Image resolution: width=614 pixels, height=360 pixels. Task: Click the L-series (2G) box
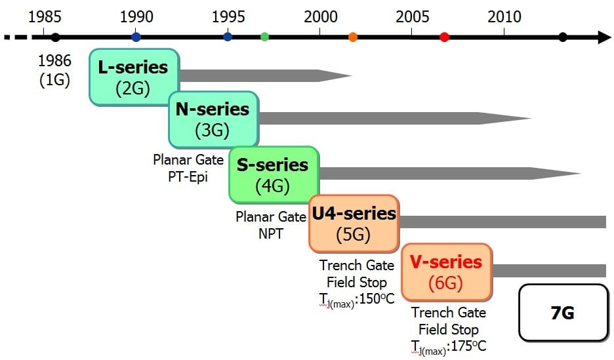coord(134,77)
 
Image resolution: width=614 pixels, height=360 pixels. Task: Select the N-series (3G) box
coord(213,119)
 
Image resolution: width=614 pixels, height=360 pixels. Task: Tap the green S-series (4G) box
coord(274,175)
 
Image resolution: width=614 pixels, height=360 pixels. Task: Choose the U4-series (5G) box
coord(354,224)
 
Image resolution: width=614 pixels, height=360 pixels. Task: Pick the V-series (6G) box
coord(447,272)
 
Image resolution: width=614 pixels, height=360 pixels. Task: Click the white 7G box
coord(563,313)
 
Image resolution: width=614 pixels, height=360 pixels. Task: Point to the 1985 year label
coord(45,17)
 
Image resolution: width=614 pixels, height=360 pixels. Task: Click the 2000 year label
coord(321,17)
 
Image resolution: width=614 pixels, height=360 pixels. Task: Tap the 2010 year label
coord(504,17)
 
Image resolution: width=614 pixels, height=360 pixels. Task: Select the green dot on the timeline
coord(265,37)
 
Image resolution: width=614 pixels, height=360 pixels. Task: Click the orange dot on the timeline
coord(353,37)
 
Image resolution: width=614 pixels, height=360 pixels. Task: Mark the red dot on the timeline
coord(445,37)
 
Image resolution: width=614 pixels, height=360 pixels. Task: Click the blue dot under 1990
coord(136,37)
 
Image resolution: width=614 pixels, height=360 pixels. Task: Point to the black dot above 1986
coord(56,37)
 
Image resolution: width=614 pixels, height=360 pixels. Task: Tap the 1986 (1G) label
coord(55,70)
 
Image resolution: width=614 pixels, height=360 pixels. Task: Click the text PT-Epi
coord(188,177)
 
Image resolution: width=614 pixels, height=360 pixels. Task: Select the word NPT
coord(270,233)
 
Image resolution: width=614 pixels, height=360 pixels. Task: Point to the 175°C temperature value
coord(469,346)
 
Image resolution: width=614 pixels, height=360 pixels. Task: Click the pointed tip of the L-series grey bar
coord(351,76)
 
